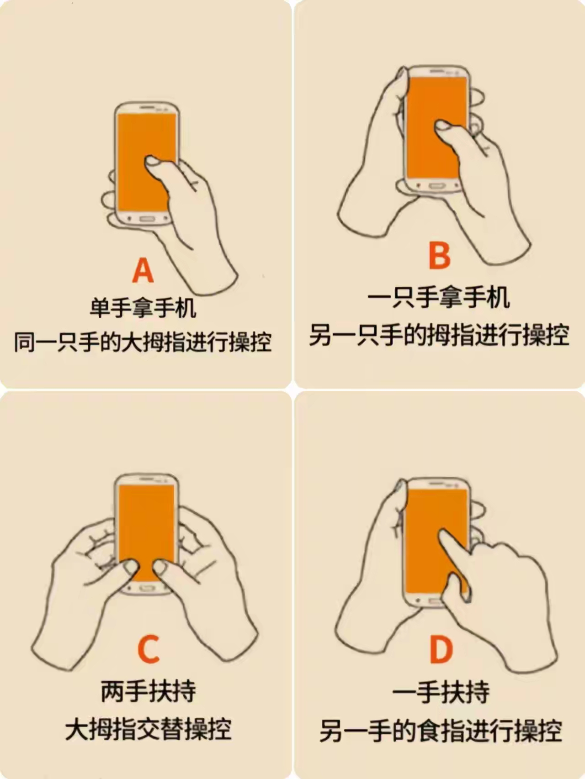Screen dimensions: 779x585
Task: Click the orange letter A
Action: click(143, 271)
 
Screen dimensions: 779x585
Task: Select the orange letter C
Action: click(149, 649)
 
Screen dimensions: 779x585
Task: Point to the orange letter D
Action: click(441, 650)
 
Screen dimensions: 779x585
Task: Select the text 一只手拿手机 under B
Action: click(439, 298)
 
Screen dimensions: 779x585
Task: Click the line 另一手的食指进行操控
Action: click(441, 731)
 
